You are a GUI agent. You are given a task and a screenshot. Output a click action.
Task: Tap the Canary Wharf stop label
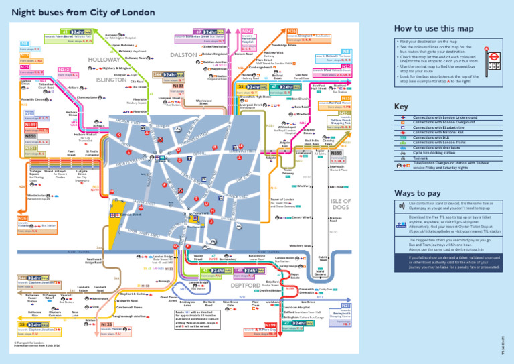coord(301,218)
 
